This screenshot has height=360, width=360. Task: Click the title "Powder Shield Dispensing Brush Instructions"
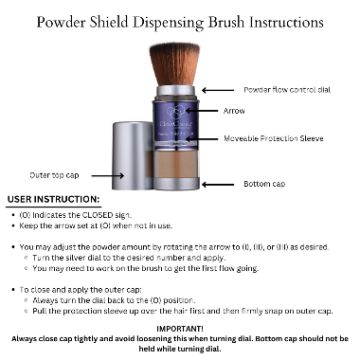179,22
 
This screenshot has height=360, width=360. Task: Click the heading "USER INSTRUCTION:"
53,200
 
